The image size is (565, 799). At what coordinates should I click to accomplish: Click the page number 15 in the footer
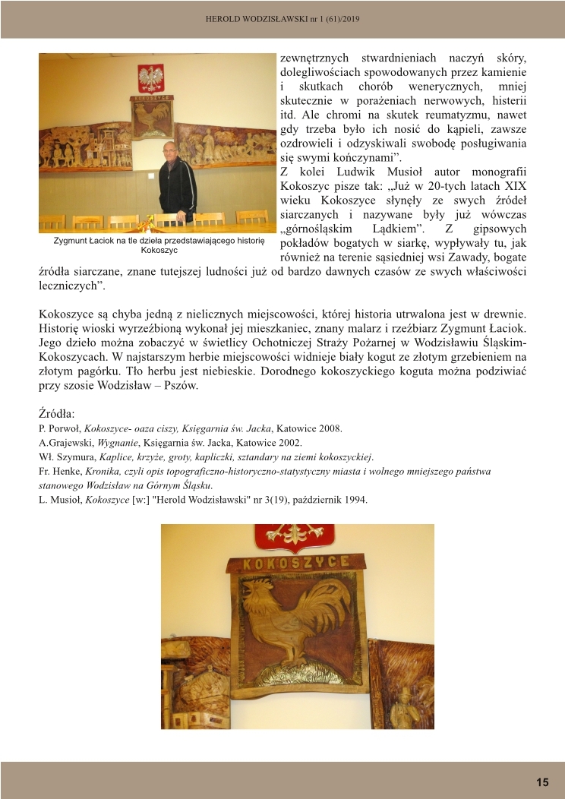542,782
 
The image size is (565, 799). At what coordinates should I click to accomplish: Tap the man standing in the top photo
177,182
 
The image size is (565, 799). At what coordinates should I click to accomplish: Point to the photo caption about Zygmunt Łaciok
159,245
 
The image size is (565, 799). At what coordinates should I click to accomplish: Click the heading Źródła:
57,414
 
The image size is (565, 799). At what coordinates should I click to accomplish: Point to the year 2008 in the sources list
330,428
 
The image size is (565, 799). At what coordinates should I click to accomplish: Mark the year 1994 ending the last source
355,500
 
